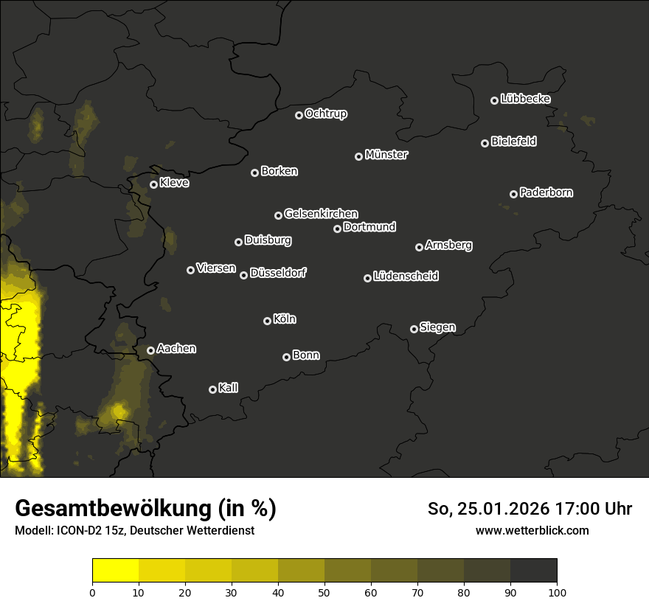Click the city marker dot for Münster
[x=359, y=156]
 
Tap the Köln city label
[x=285, y=319]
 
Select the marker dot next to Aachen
[x=151, y=350]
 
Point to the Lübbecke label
[x=525, y=99]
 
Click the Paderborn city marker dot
[x=514, y=194]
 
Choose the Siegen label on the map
[x=437, y=327]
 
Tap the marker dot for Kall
[x=213, y=389]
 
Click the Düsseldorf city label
[x=278, y=273]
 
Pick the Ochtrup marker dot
[x=299, y=115]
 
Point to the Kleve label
[x=174, y=183]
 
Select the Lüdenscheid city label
[x=406, y=277]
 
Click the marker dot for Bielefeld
[x=485, y=143]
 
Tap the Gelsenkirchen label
[x=321, y=214]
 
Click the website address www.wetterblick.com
[x=532, y=530]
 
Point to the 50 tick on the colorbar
[x=324, y=591]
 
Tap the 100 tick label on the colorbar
[x=557, y=591]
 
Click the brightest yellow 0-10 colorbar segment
[x=116, y=570]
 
